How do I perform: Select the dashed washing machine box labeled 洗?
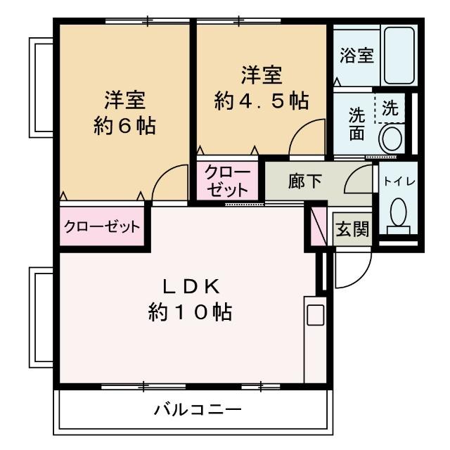pyautogui.click(x=390, y=109)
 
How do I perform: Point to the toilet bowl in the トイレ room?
pyautogui.click(x=399, y=211)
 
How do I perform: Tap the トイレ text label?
pyautogui.click(x=399, y=181)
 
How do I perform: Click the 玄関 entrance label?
pyautogui.click(x=351, y=229)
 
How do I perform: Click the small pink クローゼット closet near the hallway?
pyautogui.click(x=227, y=181)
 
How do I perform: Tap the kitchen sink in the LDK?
pyautogui.click(x=315, y=314)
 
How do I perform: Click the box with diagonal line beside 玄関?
pyautogui.click(x=319, y=224)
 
